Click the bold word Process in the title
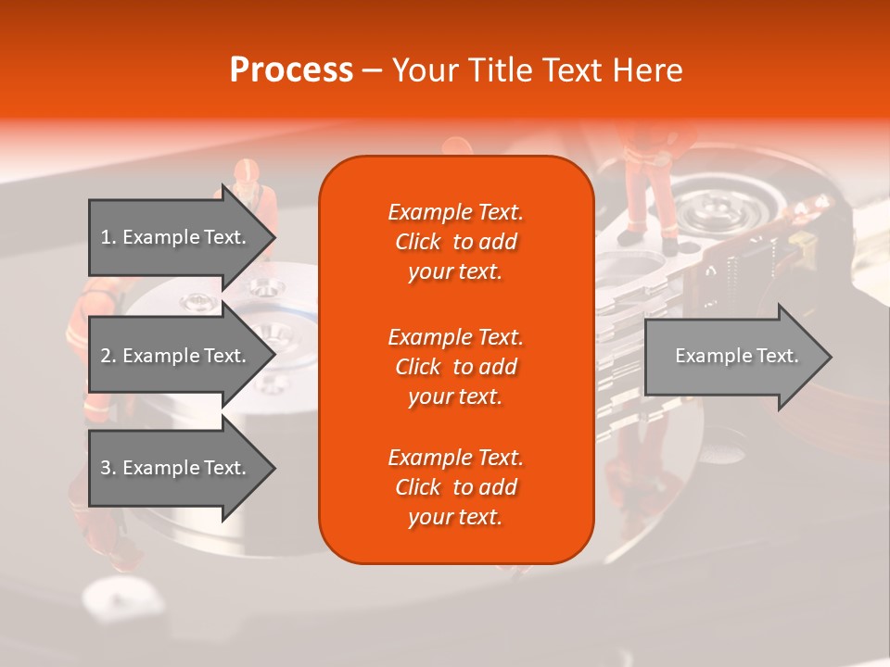click(291, 69)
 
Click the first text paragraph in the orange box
click(455, 242)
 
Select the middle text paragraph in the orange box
click(455, 366)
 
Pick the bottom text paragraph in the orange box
click(455, 487)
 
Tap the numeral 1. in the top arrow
click(108, 237)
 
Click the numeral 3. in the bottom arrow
click(108, 468)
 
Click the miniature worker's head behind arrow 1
click(246, 172)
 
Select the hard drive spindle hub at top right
click(714, 213)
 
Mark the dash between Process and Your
click(372, 70)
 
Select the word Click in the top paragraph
click(418, 242)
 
